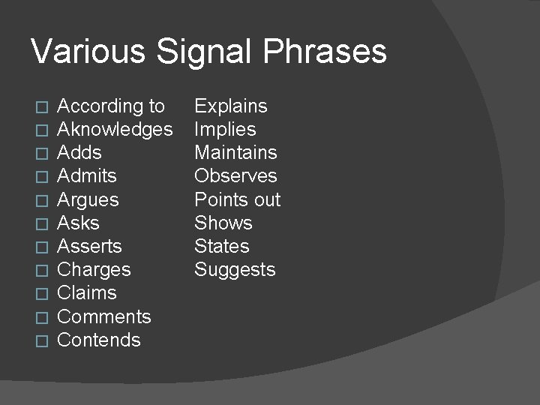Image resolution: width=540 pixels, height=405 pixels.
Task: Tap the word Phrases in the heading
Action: pos(325,52)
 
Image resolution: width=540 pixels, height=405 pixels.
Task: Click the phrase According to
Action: pos(111,106)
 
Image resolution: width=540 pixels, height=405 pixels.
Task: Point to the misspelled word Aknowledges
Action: pos(115,130)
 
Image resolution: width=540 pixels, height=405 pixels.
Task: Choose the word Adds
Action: pos(79,153)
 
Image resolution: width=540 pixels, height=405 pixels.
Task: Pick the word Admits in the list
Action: pos(87,176)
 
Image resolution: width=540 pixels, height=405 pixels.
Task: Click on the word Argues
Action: pos(88,200)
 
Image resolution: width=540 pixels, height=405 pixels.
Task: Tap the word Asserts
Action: pos(89,246)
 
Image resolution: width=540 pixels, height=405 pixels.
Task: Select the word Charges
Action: pos(94,270)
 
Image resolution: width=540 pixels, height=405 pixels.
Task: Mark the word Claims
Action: pos(87,293)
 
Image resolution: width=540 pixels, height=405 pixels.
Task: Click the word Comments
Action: pos(104,316)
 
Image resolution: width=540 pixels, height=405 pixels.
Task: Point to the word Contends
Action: pos(99,340)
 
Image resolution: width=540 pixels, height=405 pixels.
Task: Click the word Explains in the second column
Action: pos(231,106)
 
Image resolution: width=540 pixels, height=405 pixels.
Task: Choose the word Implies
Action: pos(225,130)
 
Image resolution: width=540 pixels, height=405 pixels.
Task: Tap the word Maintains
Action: pos(235,153)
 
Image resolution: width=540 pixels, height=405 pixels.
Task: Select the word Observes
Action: pos(235,176)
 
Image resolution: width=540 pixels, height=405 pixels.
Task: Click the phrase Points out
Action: pos(238,200)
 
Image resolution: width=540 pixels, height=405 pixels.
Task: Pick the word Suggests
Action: pos(235,270)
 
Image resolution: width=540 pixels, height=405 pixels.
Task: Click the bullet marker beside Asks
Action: pos(42,223)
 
